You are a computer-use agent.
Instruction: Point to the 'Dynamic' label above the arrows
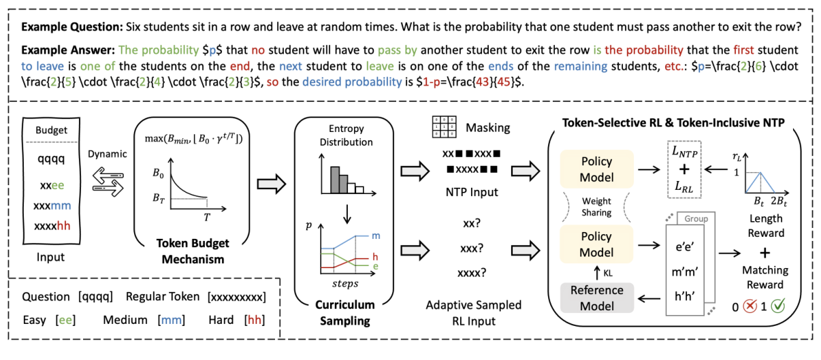pos(107,154)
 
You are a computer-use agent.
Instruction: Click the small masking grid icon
pos(442,127)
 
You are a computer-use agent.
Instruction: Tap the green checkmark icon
pos(776,306)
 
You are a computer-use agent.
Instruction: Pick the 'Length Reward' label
pos(765,225)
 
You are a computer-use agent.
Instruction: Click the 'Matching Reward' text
pos(765,277)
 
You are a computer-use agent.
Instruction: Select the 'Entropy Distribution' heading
pos(347,136)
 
